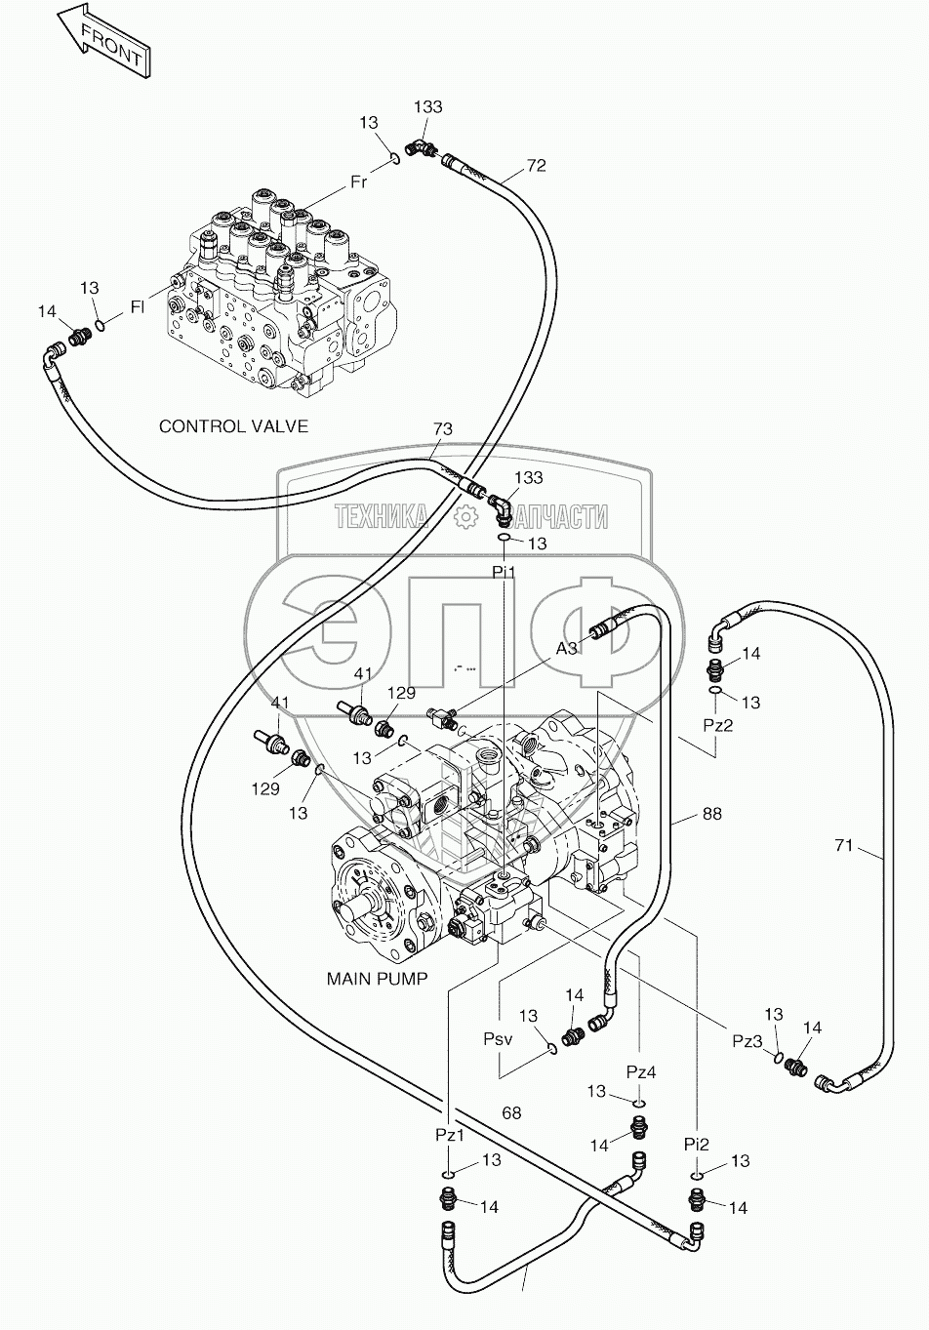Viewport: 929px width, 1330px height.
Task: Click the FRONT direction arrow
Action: point(101,40)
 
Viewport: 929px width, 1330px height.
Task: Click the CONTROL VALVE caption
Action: point(233,426)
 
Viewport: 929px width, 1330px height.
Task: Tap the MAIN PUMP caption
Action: point(377,978)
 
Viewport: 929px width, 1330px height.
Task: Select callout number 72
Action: point(536,166)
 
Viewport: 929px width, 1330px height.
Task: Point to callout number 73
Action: point(442,429)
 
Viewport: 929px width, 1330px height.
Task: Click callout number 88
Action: point(711,813)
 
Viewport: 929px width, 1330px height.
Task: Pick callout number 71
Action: point(844,845)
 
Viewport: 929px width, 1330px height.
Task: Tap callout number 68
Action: point(511,1112)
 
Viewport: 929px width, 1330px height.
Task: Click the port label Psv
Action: point(498,1040)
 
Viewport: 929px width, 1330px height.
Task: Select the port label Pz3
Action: point(747,1040)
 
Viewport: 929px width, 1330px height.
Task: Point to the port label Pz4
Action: point(640,1072)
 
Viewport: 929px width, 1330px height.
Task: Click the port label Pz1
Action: point(450,1136)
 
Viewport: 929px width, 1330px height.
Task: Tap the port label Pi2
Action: point(696,1143)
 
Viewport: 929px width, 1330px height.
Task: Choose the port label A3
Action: point(567,648)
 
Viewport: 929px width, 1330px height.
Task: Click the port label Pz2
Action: point(717,726)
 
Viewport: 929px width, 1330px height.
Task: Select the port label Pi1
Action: point(504,572)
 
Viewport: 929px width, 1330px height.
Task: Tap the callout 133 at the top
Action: point(427,107)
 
